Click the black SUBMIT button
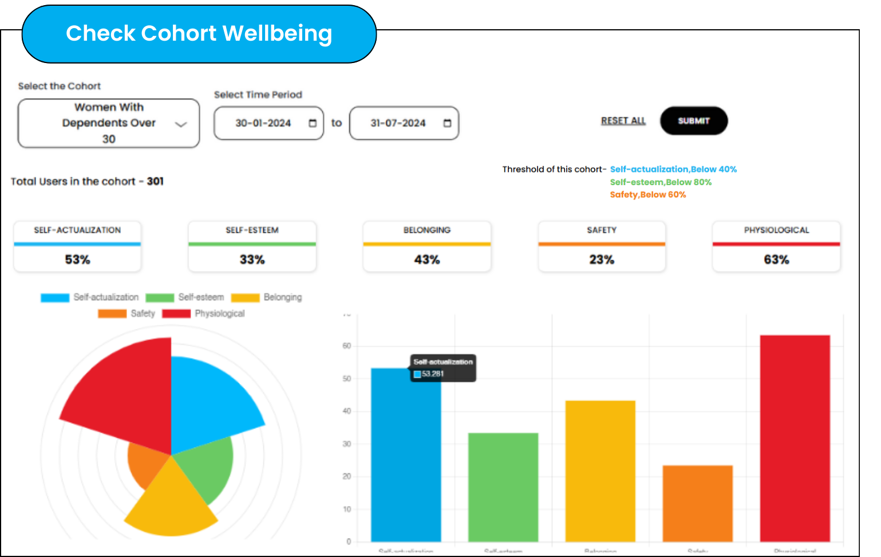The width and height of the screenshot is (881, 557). click(693, 121)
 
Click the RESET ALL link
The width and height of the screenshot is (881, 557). click(623, 121)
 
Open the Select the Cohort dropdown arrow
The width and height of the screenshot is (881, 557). click(181, 124)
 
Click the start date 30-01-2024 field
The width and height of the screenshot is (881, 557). click(263, 123)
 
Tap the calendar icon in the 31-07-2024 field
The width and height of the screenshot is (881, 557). click(447, 123)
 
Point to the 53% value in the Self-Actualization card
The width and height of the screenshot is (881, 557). click(77, 260)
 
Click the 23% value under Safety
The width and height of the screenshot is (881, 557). click(602, 260)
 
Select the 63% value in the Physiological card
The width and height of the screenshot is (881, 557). click(776, 260)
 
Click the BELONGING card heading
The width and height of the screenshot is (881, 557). click(426, 230)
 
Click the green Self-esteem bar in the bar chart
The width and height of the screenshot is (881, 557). click(503, 487)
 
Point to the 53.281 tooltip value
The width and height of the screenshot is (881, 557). click(433, 374)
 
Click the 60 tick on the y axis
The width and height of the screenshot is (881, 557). click(346, 346)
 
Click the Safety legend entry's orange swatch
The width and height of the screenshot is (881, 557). click(112, 313)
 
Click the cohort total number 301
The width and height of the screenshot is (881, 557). click(155, 182)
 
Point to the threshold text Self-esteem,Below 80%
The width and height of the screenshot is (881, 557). click(661, 182)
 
